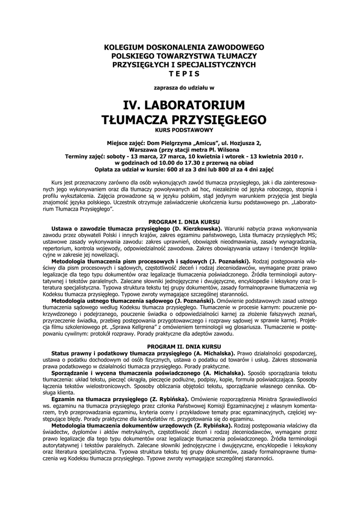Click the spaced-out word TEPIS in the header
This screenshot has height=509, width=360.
coord(183,74)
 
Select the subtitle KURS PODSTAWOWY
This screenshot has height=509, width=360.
coord(183,129)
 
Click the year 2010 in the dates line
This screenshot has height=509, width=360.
coord(286,156)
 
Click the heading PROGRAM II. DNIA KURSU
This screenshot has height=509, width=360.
coord(184,345)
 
